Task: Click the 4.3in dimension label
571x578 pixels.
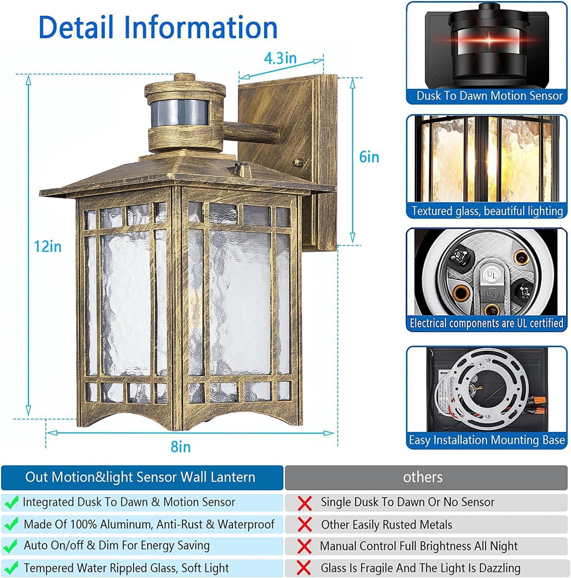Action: coord(280,59)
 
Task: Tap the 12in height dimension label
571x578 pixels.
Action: coord(47,247)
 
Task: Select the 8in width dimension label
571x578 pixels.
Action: coord(181,447)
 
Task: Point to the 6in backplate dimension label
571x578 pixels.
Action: coord(369,157)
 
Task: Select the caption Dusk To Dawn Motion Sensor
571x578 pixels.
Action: coord(489,96)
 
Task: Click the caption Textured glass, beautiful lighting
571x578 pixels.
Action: coord(487,211)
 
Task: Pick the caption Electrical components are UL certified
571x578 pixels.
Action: coord(486,323)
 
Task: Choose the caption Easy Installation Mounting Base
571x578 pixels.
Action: coord(486,440)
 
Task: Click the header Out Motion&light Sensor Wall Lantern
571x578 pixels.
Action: coord(140,477)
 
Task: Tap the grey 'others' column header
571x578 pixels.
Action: coord(422,477)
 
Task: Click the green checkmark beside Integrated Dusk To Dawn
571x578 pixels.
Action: coord(11,502)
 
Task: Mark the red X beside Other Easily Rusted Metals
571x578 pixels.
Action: coord(304,525)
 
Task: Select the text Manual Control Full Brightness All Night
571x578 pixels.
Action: coord(418,546)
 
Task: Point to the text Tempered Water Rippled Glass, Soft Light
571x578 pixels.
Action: coord(126,568)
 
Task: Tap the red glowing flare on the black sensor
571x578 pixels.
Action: coord(488,41)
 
